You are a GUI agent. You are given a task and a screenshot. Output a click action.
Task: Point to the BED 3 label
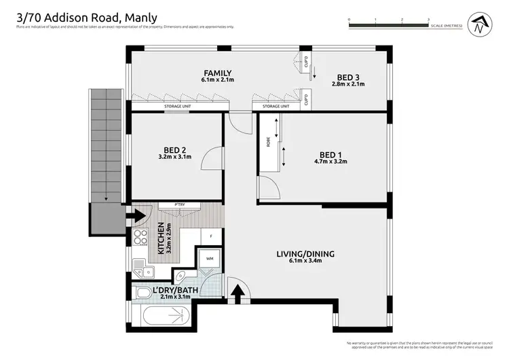(348, 76)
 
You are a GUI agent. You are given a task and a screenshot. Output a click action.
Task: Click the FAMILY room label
(217, 73)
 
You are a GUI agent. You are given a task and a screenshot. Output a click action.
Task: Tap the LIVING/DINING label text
(305, 254)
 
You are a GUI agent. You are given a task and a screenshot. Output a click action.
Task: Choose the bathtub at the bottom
(163, 316)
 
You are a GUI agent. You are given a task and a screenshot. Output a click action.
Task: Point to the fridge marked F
(211, 236)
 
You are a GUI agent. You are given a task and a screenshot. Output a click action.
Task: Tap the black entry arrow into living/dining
(238, 291)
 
